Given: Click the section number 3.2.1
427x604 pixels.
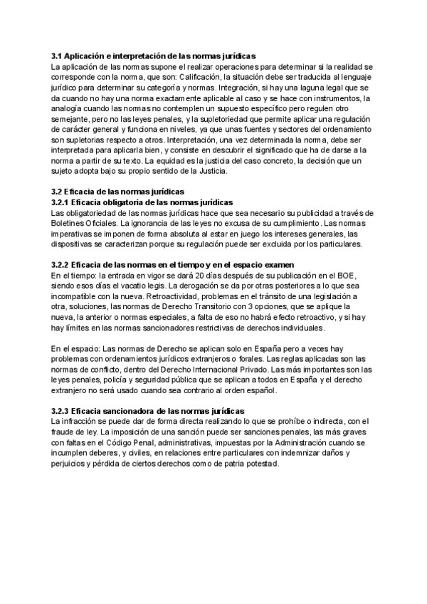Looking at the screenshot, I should coord(62,202).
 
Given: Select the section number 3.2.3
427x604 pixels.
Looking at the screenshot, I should coord(62,411).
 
